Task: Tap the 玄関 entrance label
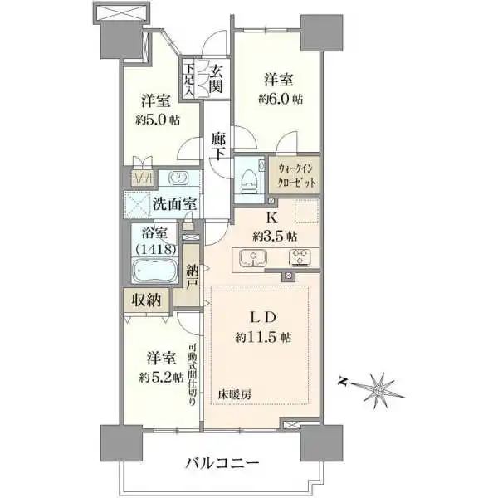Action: (216, 78)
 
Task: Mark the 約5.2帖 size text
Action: (160, 374)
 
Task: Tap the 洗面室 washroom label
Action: (173, 203)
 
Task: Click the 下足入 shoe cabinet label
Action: (190, 81)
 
